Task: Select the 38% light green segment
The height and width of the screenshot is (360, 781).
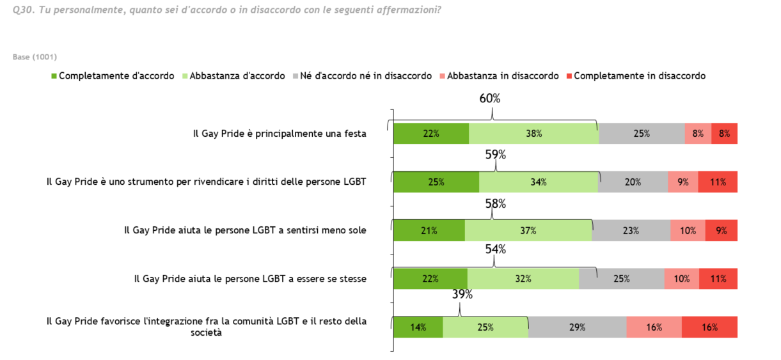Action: pos(533,134)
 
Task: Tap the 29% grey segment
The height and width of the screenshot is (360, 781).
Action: pos(577,327)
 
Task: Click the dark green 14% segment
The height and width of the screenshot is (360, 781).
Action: pos(418,327)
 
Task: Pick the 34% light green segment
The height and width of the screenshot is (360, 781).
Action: pos(538,182)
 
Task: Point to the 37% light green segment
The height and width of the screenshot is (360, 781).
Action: pos(528,231)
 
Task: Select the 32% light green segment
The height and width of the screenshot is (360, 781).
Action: pos(523,279)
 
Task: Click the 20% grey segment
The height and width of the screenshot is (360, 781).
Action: pos(633,182)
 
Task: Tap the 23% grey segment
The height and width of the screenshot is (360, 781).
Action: pos(631,231)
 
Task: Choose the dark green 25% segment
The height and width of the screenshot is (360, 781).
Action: pos(436,182)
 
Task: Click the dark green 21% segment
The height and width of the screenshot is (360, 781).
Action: pos(429,231)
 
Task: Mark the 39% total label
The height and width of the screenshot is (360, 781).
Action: pos(462,294)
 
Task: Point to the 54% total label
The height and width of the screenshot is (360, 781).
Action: pos(494,249)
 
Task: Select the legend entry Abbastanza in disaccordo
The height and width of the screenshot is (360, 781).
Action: pos(503,75)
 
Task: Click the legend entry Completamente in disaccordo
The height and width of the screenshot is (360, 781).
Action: pos(639,75)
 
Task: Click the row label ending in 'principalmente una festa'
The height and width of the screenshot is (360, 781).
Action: pos(280,134)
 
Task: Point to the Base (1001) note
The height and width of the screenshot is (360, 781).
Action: pos(35,57)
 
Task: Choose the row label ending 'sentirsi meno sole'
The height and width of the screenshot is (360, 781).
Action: pos(245,230)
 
